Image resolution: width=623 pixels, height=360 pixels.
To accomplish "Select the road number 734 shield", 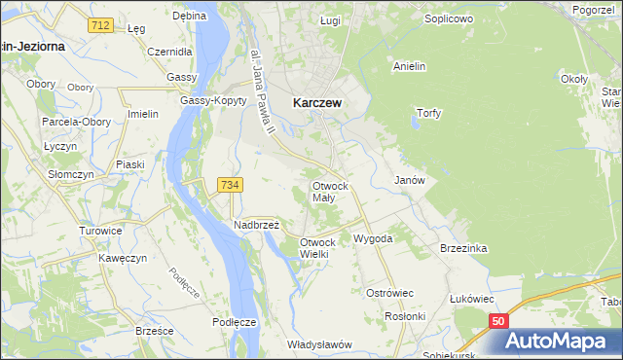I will tap(231, 185).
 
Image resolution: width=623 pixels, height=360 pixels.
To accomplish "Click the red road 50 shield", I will tap(498, 321).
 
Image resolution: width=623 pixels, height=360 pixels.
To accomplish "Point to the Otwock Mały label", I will tap(329, 191).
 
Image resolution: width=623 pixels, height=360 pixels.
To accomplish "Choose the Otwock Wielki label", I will tap(317, 248).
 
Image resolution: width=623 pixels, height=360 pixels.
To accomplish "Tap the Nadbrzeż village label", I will tap(256, 224).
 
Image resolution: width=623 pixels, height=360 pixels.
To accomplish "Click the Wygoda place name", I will tap(373, 238).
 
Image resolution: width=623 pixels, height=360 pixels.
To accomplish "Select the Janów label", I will tap(409, 181).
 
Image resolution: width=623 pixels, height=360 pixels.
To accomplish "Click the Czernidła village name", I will tap(172, 52).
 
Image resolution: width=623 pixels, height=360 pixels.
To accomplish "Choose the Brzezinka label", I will tap(462, 248).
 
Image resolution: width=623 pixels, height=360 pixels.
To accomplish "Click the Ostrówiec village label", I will tap(389, 293).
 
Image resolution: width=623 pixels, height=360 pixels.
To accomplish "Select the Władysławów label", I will tap(319, 344).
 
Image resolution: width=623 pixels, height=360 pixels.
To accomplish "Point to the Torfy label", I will tap(429, 113).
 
